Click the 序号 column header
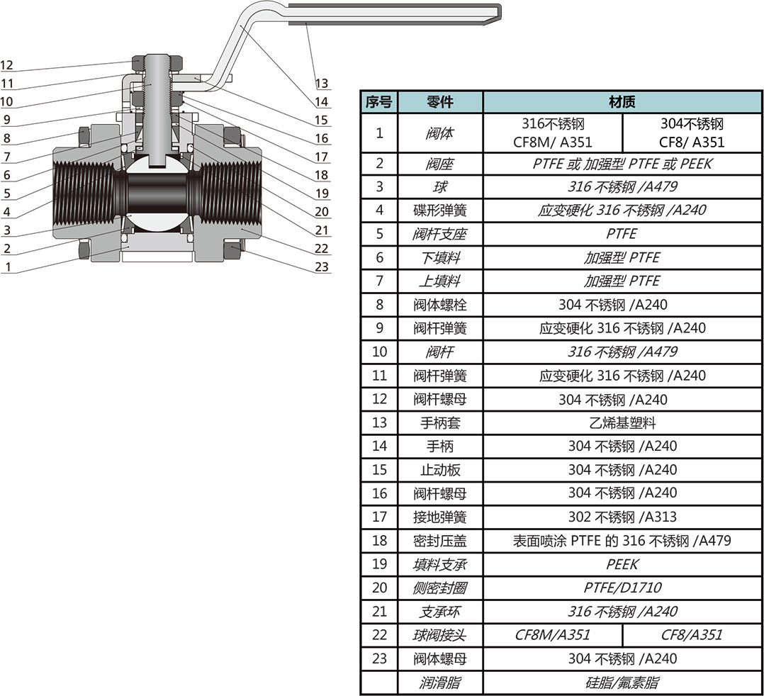pyautogui.click(x=378, y=102)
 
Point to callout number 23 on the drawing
pyautogui.click(x=322, y=267)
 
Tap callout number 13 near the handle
pyautogui.click(x=322, y=84)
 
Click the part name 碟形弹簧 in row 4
pyautogui.click(x=439, y=211)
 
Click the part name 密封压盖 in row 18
pyautogui.click(x=439, y=541)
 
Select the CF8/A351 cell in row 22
pyautogui.click(x=691, y=635)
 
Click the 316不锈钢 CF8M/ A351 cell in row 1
pyautogui.click(x=552, y=133)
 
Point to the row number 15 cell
pyautogui.click(x=378, y=470)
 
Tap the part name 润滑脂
pyautogui.click(x=439, y=683)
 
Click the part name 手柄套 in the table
pyautogui.click(x=439, y=423)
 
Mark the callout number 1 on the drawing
pyautogui.click(x=8, y=267)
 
